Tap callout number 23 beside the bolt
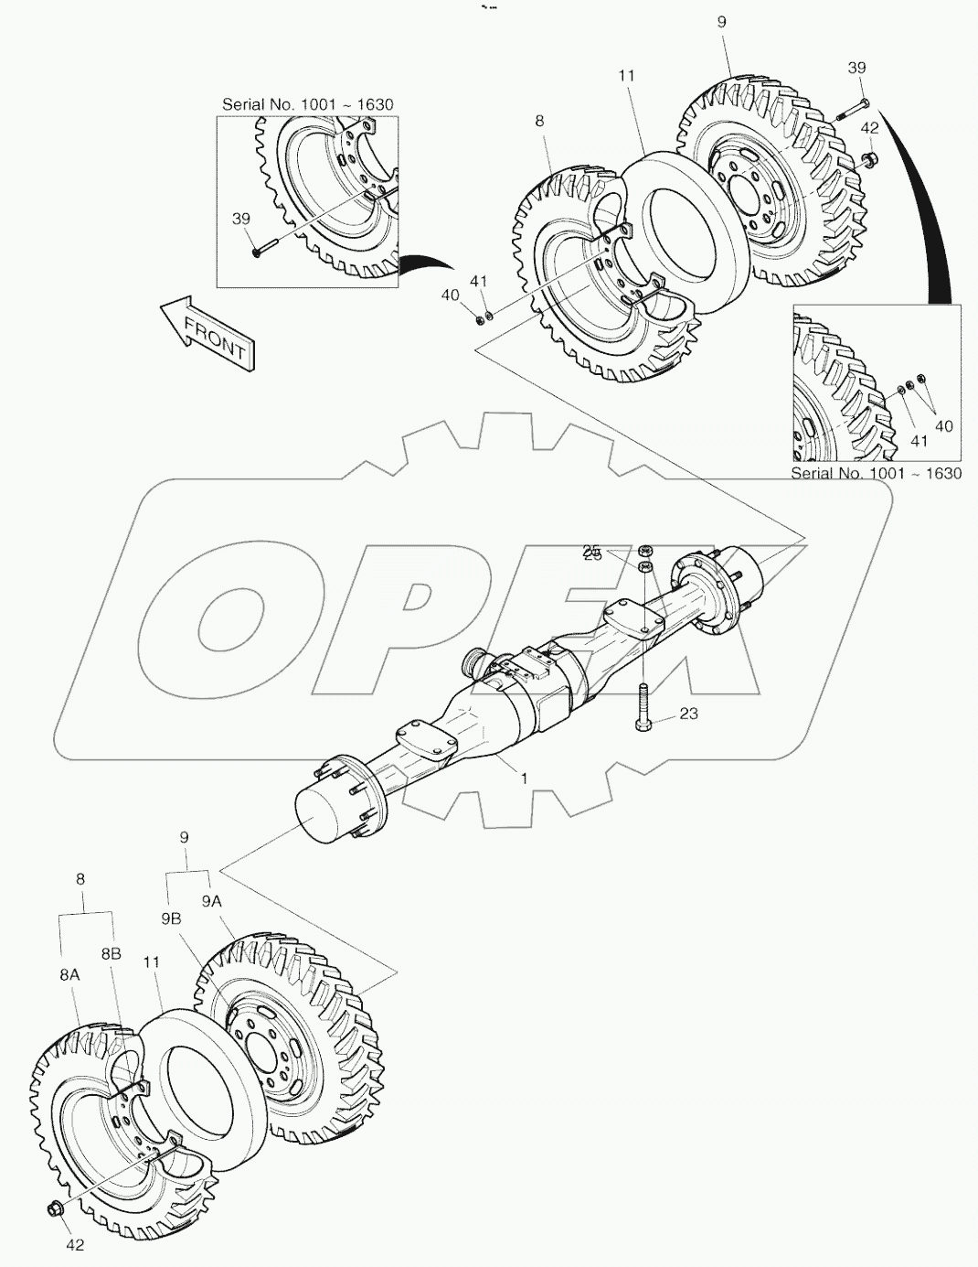tap(688, 713)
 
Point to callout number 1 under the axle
tap(524, 778)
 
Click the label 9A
tap(212, 901)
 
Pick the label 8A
tap(69, 975)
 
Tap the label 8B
tap(112, 953)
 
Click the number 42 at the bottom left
tap(74, 1244)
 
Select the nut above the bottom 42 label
tap(53, 1210)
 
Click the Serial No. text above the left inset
tap(307, 104)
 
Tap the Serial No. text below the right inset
tap(876, 473)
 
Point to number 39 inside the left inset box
tap(240, 219)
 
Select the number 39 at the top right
tap(856, 68)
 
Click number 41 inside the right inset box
tap(919, 440)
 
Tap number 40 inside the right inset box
tap(943, 425)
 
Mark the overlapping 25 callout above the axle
tap(592, 553)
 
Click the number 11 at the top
tap(626, 76)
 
